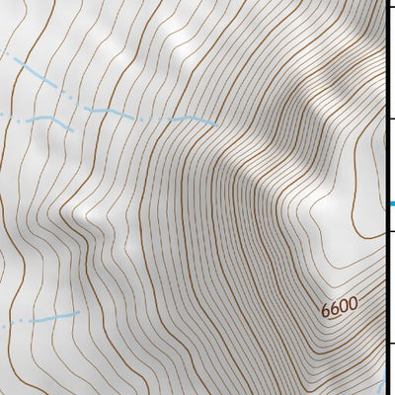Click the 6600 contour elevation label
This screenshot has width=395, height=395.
click(339, 307)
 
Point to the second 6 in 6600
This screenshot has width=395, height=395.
click(335, 309)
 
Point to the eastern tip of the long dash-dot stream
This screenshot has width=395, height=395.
click(218, 123)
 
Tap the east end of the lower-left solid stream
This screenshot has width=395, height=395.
click(78, 313)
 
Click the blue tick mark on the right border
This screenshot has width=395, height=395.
click(390, 204)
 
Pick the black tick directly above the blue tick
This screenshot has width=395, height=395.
click(390, 118)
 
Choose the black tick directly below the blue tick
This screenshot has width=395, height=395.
click(390, 231)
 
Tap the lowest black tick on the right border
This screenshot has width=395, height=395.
click(390, 344)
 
